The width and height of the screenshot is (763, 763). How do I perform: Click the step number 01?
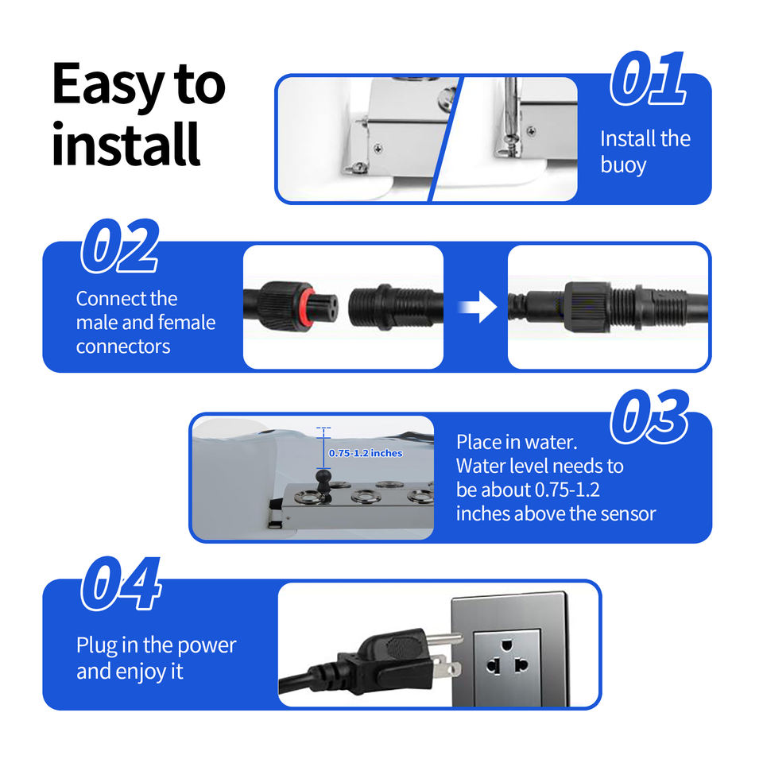[649, 79]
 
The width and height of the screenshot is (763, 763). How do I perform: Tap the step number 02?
[120, 246]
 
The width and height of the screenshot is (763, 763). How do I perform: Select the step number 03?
[649, 416]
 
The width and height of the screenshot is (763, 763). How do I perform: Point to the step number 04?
[121, 583]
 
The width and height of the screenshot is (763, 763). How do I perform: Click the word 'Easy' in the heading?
[108, 86]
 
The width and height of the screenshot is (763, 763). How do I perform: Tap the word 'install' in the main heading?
[126, 144]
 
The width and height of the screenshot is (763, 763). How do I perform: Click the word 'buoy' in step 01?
[623, 165]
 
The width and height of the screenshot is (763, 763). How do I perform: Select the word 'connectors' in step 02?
[123, 347]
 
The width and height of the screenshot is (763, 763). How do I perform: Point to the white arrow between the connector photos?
[478, 307]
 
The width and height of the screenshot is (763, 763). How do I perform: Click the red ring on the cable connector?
[307, 307]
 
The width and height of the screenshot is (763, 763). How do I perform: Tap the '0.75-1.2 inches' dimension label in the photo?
[366, 453]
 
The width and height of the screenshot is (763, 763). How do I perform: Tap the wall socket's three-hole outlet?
[507, 658]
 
